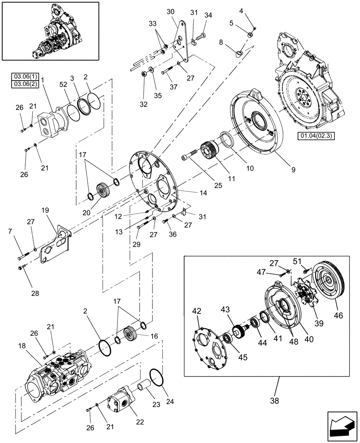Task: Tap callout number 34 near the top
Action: click(208, 16)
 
